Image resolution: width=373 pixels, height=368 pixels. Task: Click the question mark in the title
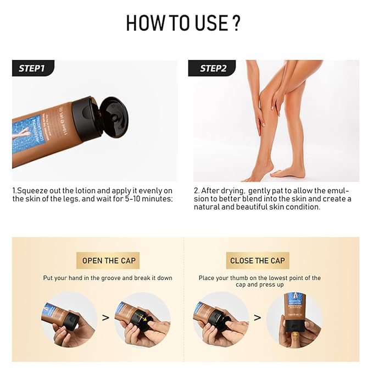[x=235, y=24]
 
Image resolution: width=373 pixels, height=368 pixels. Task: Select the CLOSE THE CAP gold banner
[x=258, y=261]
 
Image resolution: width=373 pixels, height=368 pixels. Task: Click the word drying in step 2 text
[x=230, y=190]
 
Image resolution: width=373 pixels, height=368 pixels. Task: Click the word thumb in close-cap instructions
[x=240, y=278]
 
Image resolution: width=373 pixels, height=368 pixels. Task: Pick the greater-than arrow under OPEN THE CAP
[x=106, y=318]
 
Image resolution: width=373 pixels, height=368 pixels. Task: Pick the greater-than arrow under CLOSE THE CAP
[x=257, y=318]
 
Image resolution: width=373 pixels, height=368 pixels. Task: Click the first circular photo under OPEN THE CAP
[x=69, y=319]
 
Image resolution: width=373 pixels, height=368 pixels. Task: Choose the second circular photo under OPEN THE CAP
[x=142, y=319]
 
